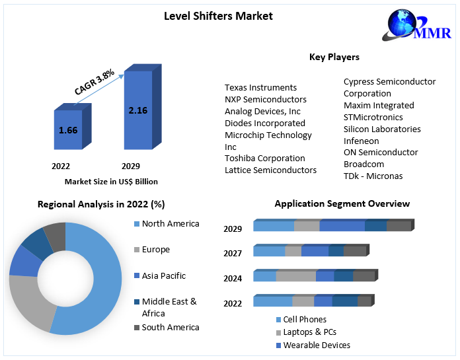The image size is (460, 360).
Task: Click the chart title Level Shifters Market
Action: tap(218, 16)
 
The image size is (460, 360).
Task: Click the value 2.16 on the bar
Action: tap(138, 110)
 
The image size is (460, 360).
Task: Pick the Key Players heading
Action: tap(334, 57)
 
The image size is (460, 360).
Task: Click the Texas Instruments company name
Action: tap(260, 87)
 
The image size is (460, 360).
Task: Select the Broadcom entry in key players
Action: tap(364, 164)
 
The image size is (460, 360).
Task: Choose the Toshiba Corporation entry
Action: tap(264, 158)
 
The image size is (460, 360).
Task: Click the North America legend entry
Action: tap(170, 224)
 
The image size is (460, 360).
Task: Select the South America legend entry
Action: tap(170, 327)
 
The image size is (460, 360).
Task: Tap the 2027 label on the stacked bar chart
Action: tap(233, 254)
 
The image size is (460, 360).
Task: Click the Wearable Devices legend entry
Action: tap(317, 345)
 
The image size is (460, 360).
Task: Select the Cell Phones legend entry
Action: tap(304, 319)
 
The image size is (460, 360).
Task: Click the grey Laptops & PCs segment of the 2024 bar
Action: tap(295, 276)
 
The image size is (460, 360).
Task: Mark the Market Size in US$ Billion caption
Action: tap(111, 182)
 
